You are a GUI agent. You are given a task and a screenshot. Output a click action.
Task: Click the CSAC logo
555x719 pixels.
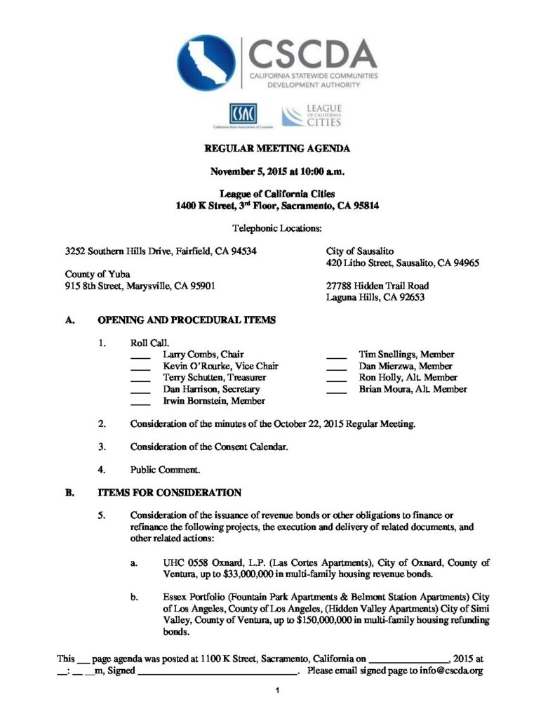(242, 112)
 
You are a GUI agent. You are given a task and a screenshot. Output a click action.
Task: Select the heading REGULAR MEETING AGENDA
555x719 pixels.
(276, 149)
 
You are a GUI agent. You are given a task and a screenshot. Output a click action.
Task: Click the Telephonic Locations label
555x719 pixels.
(276, 228)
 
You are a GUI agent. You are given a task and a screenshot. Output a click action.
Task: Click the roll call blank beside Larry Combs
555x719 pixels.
(140, 355)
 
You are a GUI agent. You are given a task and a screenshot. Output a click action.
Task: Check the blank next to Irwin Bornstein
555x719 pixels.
(140, 402)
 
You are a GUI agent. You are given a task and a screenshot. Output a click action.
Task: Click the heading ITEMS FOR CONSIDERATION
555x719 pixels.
(169, 492)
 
